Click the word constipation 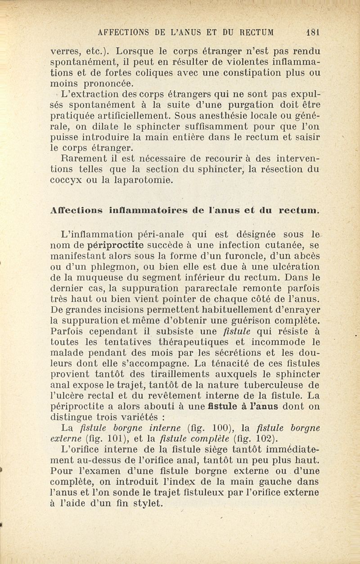tap(259, 72)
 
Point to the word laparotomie tap(135, 180)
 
